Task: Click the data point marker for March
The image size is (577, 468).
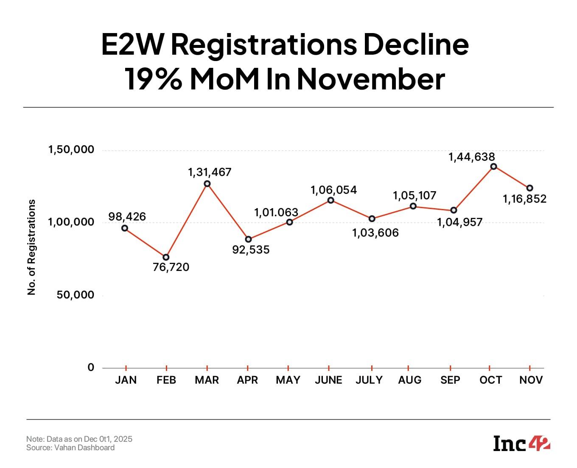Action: coord(207,184)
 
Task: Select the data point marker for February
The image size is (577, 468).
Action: coord(166,257)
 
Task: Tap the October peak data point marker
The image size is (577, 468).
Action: coord(493,167)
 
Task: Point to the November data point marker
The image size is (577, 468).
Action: coord(529,188)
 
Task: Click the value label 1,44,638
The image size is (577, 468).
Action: coord(471,157)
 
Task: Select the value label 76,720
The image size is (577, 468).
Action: coord(171,267)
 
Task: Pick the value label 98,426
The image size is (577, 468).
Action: coord(127,217)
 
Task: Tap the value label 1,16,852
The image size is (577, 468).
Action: coord(524,199)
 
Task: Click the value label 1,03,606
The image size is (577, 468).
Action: coord(375,233)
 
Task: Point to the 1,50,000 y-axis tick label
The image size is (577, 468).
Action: coord(71,150)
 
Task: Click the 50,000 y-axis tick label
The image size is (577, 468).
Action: coord(75,295)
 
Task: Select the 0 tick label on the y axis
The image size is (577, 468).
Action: coord(91,368)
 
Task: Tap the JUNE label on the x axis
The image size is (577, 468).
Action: coord(328,380)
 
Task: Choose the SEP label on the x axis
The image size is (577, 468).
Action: coord(450,380)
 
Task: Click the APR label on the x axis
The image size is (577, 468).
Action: coord(247,380)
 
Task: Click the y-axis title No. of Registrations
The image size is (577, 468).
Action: coord(31,247)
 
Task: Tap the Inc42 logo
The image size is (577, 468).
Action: coord(521,443)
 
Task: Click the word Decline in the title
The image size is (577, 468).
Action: coord(416,44)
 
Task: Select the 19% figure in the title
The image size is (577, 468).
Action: coord(153,79)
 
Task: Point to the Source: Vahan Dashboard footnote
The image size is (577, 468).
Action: coord(70,448)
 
